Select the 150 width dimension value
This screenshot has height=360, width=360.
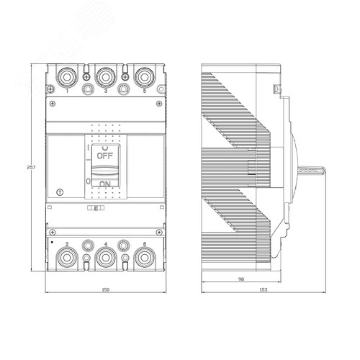(x=105, y=289)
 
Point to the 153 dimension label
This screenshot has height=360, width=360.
(x=263, y=289)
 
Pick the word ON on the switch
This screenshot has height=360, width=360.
(x=104, y=185)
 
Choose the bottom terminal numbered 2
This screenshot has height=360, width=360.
(x=66, y=256)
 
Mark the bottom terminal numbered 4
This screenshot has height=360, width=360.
(x=105, y=256)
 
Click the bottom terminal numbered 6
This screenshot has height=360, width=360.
(x=144, y=256)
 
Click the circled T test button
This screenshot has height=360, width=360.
(x=60, y=194)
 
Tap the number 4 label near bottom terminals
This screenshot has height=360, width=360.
(x=106, y=246)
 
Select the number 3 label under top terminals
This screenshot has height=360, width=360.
(x=106, y=91)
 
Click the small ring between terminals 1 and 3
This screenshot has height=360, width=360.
(x=87, y=90)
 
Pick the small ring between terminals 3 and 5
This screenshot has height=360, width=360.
(x=124, y=90)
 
